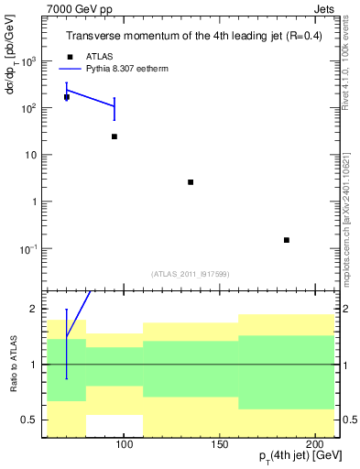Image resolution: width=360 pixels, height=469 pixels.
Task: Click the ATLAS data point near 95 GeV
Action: pos(115,136)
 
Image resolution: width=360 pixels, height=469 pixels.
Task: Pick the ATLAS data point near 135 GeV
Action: pos(191,182)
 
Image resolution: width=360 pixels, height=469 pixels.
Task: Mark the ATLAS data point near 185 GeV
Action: pos(287,240)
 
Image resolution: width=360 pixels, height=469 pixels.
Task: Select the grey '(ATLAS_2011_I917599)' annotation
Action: pos(190,273)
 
